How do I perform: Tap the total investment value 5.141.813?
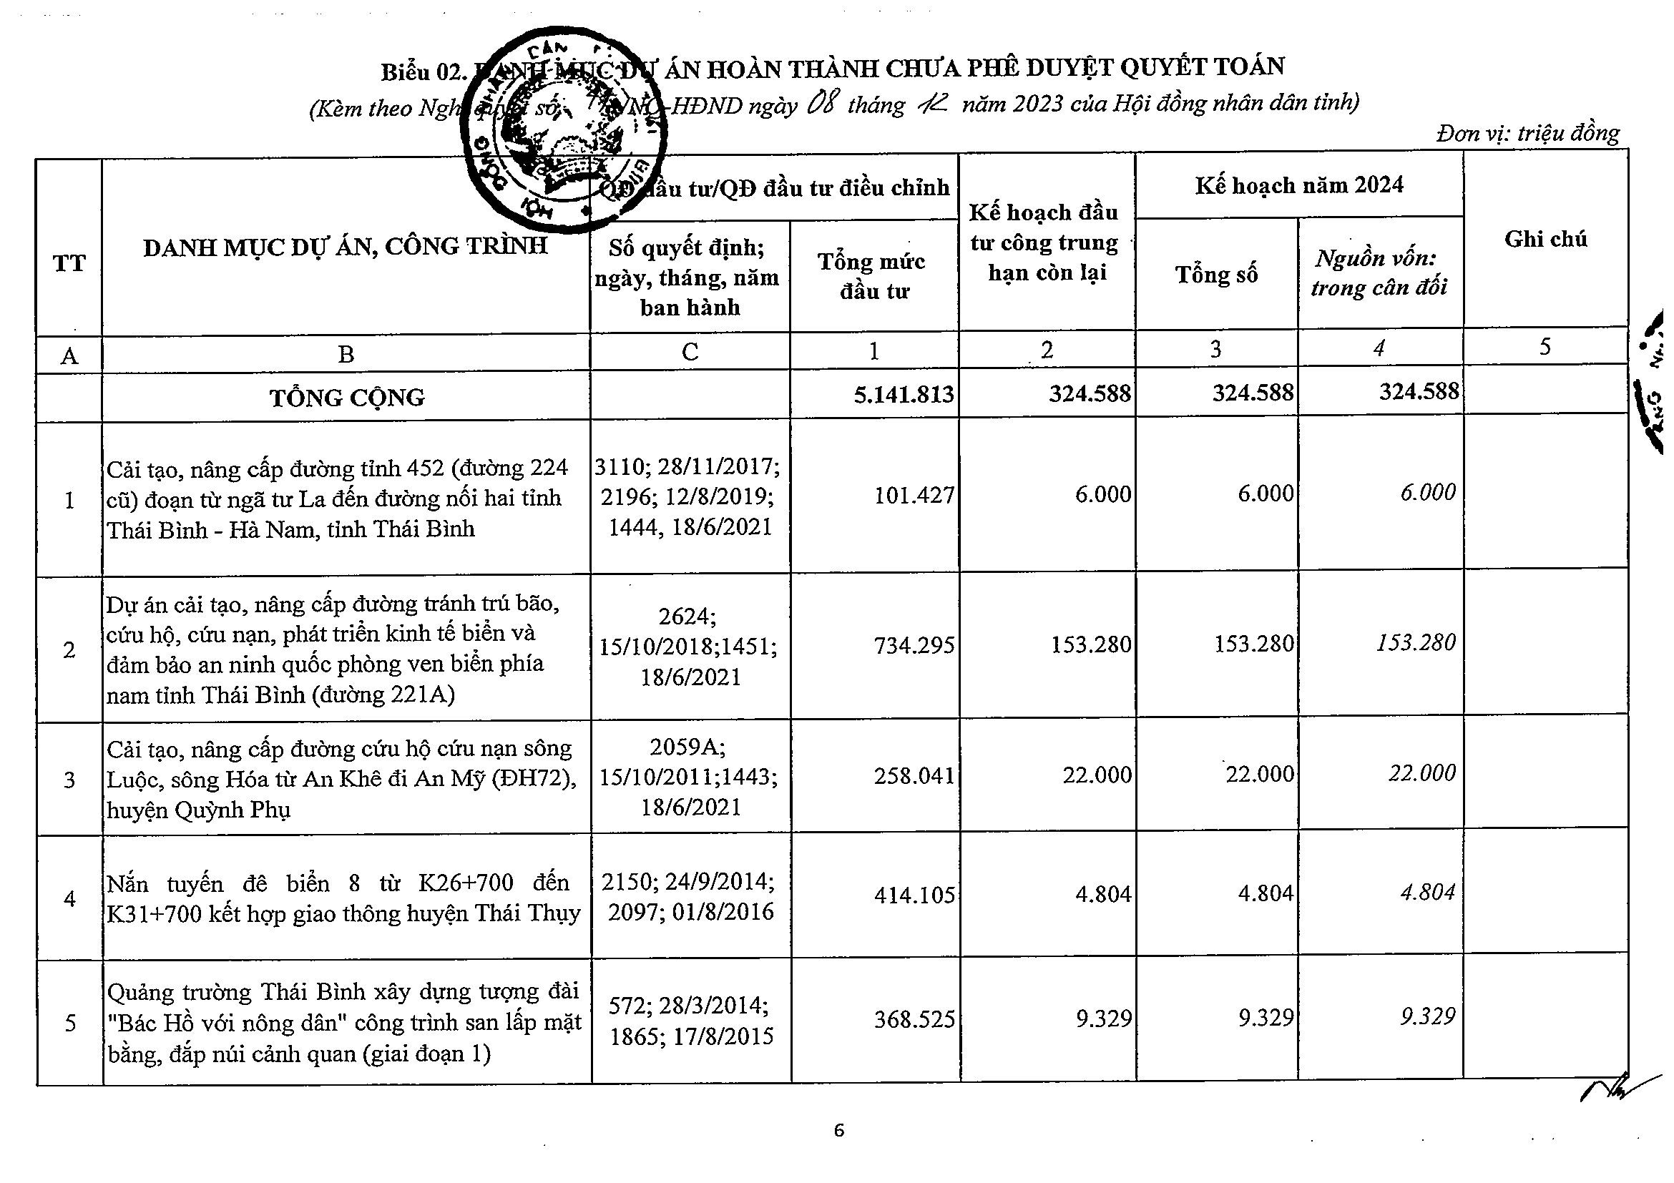point(904,394)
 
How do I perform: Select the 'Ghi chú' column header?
point(1545,239)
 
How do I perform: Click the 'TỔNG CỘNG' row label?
point(347,397)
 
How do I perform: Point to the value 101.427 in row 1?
point(914,496)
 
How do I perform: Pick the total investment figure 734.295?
point(914,645)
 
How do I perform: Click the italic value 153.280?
point(1415,642)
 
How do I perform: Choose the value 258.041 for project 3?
point(914,775)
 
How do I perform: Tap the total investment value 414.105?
point(914,894)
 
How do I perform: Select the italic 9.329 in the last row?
point(1427,1016)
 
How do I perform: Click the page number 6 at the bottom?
point(838,1131)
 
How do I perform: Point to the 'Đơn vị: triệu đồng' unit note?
point(1527,133)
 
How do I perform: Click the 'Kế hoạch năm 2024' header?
point(1298,185)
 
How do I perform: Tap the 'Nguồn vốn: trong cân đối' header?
point(1378,273)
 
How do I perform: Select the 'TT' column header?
point(69,262)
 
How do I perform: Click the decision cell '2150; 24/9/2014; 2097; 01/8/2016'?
point(690,896)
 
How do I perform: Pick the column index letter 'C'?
point(690,352)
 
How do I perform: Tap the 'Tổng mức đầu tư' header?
point(873,275)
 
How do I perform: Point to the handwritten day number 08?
point(823,103)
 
